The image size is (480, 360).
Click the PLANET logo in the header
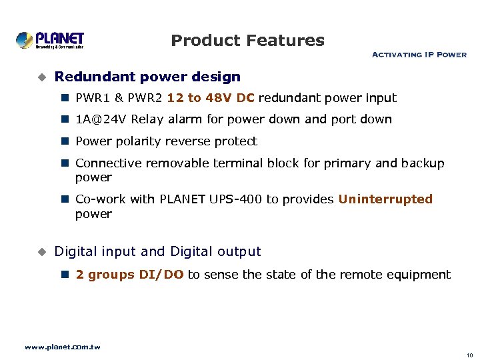50,40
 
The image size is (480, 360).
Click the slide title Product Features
247,41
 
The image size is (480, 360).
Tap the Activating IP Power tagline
419,55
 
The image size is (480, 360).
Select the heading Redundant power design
147,77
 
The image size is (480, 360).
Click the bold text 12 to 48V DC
211,98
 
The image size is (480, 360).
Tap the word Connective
109,163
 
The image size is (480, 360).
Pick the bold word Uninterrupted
385,199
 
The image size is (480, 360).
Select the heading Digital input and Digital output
157,251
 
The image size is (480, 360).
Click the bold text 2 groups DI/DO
129,275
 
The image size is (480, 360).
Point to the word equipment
420,275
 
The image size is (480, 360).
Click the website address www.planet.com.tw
62,347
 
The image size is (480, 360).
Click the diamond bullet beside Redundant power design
41,77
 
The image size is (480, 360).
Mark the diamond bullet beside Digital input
41,252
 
